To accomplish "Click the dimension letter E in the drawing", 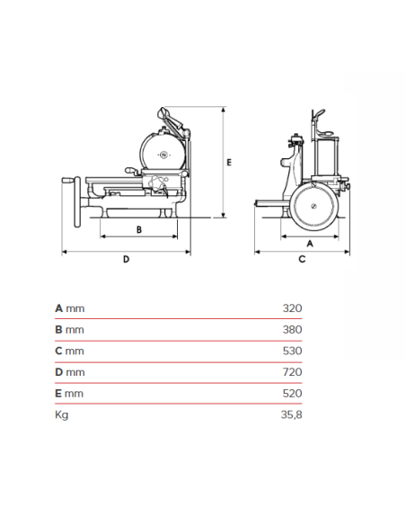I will click(x=230, y=162).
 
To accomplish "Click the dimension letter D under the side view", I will click(x=126, y=259).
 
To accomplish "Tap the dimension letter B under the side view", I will click(x=138, y=229).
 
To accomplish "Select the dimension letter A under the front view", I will click(x=310, y=243).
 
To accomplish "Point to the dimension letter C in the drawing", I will click(x=302, y=259).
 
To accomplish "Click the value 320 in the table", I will click(x=292, y=307).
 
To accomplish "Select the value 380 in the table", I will click(x=292, y=329).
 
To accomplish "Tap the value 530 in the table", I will click(x=292, y=351).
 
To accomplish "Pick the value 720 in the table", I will click(x=292, y=372).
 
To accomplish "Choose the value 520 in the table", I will click(x=292, y=394).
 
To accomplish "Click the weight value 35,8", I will click(x=291, y=415).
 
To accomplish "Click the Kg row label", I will click(x=62, y=415).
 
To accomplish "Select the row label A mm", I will click(x=69, y=307).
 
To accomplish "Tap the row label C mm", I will click(x=69, y=351).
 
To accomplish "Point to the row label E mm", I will click(x=69, y=394).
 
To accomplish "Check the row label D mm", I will click(x=69, y=372).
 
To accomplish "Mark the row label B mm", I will click(x=69, y=329).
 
